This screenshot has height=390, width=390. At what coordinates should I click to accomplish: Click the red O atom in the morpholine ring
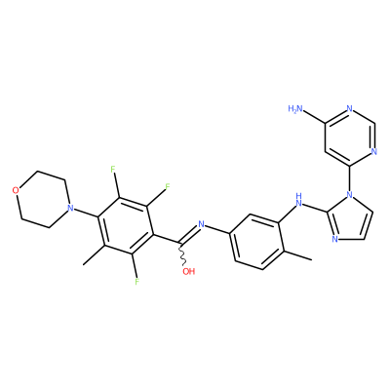pyautogui.click(x=16, y=190)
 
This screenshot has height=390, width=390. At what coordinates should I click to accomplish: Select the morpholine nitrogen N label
pyautogui.click(x=68, y=208)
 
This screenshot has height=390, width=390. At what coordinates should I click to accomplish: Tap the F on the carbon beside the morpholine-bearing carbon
pyautogui.click(x=113, y=170)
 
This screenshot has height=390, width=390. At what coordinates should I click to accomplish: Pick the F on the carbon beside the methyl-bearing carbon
pyautogui.click(x=136, y=282)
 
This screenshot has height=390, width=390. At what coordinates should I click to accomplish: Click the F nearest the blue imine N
pyautogui.click(x=168, y=187)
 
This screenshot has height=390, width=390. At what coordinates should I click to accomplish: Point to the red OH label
pyautogui.click(x=188, y=271)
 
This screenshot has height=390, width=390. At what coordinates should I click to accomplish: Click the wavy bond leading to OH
pyautogui.click(x=181, y=253)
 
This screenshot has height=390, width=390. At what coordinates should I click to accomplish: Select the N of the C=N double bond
pyautogui.click(x=201, y=224)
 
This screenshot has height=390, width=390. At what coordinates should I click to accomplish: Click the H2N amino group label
pyautogui.click(x=294, y=109)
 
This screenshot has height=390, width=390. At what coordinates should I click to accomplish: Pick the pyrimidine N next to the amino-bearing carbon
pyautogui.click(x=349, y=109)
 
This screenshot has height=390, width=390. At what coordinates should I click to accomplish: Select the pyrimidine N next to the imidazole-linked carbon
pyautogui.click(x=373, y=151)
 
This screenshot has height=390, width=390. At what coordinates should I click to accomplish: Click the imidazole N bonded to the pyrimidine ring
pyautogui.click(x=350, y=195)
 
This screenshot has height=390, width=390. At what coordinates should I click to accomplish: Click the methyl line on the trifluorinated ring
pyautogui.click(x=94, y=254)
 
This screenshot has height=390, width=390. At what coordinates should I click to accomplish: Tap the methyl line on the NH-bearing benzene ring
pyautogui.click(x=298, y=255)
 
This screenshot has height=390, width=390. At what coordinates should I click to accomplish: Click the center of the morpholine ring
pyautogui.click(x=42, y=199)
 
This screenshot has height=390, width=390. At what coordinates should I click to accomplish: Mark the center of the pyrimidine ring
pyautogui.click(x=349, y=137)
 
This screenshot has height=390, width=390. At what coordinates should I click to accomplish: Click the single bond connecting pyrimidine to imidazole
pyautogui.click(x=350, y=178)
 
